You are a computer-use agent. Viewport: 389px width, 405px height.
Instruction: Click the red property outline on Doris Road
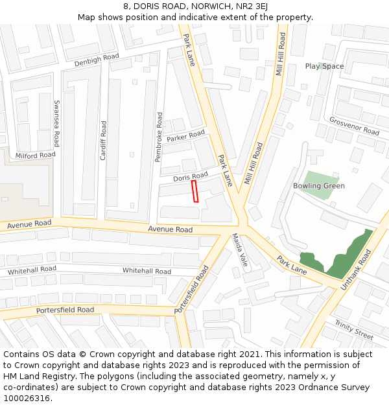(x=194, y=192)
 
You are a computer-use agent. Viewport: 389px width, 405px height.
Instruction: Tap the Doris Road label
(x=191, y=176)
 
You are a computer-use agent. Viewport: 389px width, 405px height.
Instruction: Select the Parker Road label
(x=185, y=137)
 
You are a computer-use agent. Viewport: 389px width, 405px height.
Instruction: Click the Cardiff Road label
(x=103, y=140)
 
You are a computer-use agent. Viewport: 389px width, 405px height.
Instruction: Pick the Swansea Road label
(x=57, y=123)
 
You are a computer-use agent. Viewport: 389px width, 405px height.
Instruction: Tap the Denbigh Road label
(x=97, y=60)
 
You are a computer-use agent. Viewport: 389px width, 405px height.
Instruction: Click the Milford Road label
(x=36, y=156)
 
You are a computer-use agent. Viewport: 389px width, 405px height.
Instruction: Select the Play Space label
(x=324, y=66)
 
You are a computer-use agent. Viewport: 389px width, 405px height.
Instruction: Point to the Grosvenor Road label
(x=354, y=126)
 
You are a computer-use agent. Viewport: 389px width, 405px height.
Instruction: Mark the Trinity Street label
(x=354, y=329)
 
